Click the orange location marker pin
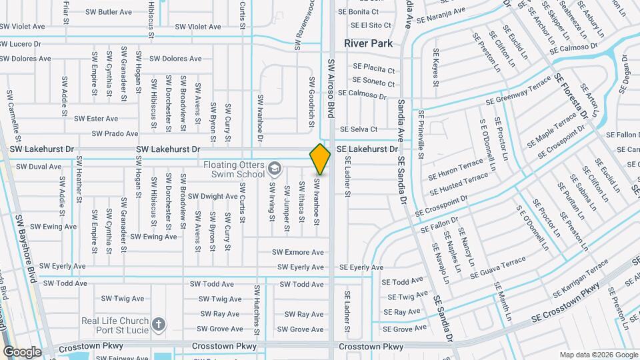click(x=320, y=158)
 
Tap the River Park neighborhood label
click(x=368, y=44)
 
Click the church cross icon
click(x=158, y=325)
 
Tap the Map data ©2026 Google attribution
click(x=597, y=355)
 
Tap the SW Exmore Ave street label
click(x=297, y=252)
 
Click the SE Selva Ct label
click(x=359, y=129)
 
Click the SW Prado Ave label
click(x=115, y=133)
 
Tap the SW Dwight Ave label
click(x=213, y=197)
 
